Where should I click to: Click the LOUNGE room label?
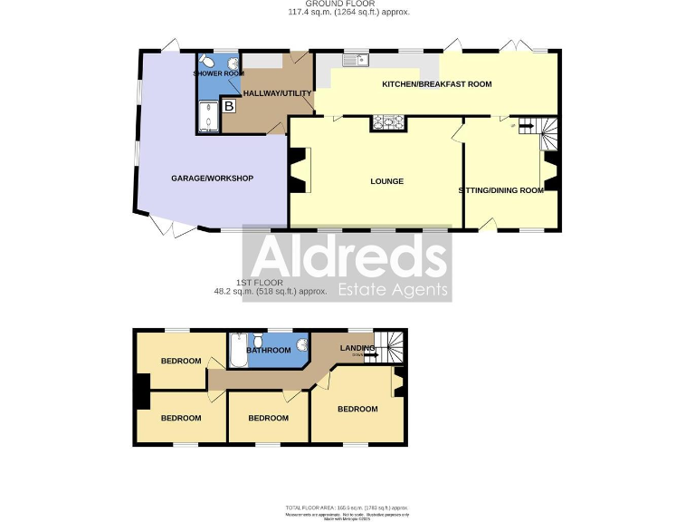[x=386, y=181]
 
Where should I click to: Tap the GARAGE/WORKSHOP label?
[x=212, y=178]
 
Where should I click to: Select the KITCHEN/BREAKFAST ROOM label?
[x=436, y=84]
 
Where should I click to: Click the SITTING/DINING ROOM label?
[x=500, y=190]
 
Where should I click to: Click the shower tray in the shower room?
[x=207, y=118]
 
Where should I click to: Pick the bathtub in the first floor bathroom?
[x=237, y=351]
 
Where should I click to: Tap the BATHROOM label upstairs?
[x=269, y=351]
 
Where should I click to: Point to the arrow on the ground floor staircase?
[x=523, y=126]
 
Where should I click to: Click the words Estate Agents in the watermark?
[x=393, y=290]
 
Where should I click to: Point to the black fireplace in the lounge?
[x=295, y=170]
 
